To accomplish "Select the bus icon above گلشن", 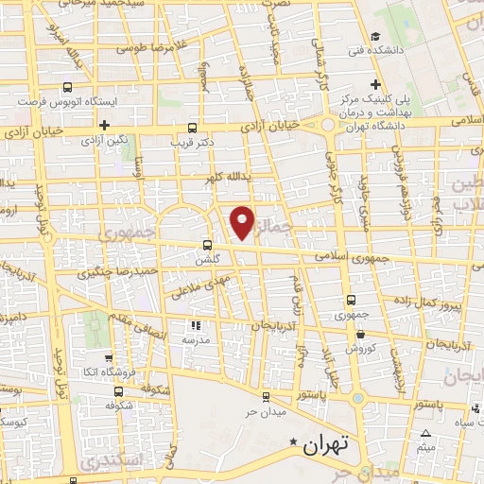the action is [x=206, y=243].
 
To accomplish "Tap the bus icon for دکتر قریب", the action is [x=193, y=127].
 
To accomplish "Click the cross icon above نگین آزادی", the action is [x=104, y=124].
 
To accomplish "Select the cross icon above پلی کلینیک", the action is [x=377, y=83].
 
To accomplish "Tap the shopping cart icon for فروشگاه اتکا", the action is [x=109, y=357].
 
